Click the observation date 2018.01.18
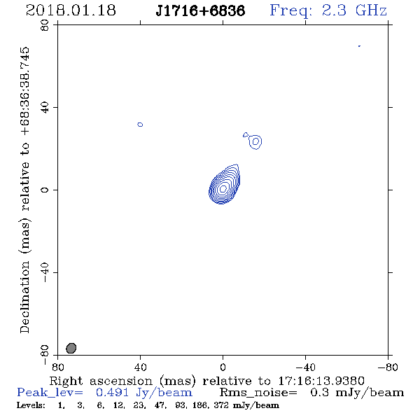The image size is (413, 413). pyautogui.click(x=71, y=10)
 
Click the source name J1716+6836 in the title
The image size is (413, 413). pyautogui.click(x=200, y=10)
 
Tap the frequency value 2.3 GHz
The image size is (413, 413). pyautogui.click(x=354, y=10)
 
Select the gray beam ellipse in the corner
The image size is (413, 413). pyautogui.click(x=71, y=348)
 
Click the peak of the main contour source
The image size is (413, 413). pyautogui.click(x=223, y=188)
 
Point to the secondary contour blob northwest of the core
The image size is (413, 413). pyautogui.click(x=255, y=142)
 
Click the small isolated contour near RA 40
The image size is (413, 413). pyautogui.click(x=140, y=125)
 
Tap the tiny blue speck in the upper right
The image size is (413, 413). pyautogui.click(x=359, y=46)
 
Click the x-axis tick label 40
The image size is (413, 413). pyautogui.click(x=140, y=367)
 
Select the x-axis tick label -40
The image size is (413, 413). pyautogui.click(x=305, y=367)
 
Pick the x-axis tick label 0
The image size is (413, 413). pyautogui.click(x=223, y=367)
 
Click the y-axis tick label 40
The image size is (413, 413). pyautogui.click(x=45, y=108)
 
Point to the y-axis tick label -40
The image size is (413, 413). pyautogui.click(x=45, y=272)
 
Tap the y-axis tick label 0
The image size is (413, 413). pyautogui.click(x=45, y=190)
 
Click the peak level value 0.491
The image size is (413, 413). pyautogui.click(x=112, y=392)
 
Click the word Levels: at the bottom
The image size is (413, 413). pyautogui.click(x=31, y=405)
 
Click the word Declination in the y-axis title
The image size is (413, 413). pyautogui.click(x=24, y=297)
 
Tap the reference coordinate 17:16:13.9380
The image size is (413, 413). pyautogui.click(x=321, y=381)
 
